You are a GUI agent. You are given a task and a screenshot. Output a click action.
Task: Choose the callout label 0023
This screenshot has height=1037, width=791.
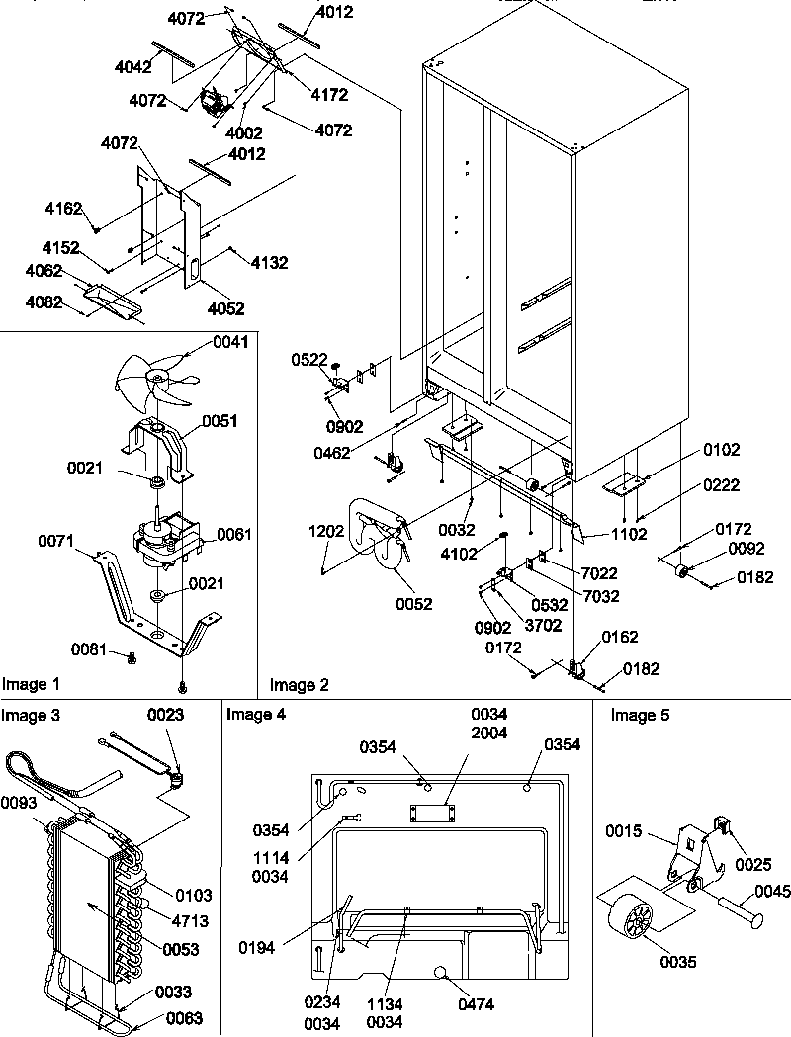pyautogui.click(x=166, y=714)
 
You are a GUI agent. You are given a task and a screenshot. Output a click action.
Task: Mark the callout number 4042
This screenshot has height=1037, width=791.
pyautogui.click(x=133, y=67)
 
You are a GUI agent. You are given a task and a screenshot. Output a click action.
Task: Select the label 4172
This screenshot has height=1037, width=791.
pyautogui.click(x=330, y=96)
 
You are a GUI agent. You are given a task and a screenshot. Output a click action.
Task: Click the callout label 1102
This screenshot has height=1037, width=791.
pyautogui.click(x=629, y=534)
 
